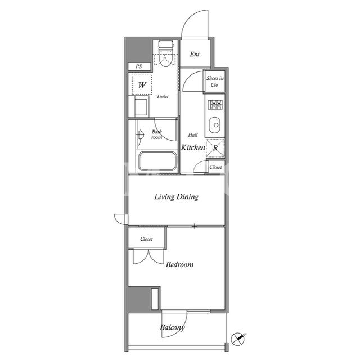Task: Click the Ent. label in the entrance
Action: coord(195,55)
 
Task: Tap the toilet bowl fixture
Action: coord(166,54)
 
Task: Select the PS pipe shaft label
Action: coord(139,66)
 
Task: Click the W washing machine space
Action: coord(142,85)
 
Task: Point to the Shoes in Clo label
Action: coord(215,81)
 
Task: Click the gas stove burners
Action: coord(215,105)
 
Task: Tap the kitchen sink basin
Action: coord(214,125)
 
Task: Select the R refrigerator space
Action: coord(215,148)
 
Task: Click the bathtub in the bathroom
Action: coord(157,161)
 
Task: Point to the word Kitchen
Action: coord(193,147)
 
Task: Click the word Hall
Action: coord(193,135)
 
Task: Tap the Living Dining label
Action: coord(176,197)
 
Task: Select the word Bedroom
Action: coord(179,264)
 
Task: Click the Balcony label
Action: coord(172,327)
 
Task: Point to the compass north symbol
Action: coord(237,339)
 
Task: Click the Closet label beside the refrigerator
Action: coord(215,167)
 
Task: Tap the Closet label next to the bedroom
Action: coord(146,239)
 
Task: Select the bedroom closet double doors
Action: coord(148,256)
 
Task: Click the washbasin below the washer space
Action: coord(141,107)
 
